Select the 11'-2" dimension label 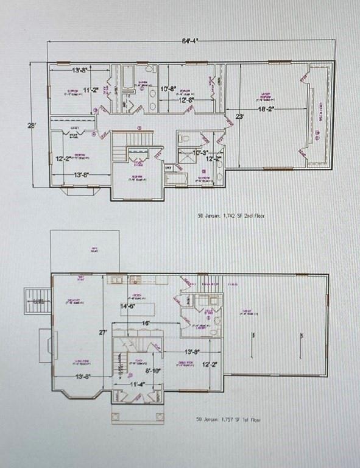tap(90, 90)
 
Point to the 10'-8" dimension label tap(168, 89)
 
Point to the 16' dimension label tap(146, 323)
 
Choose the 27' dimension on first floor tap(104, 333)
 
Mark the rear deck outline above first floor tap(76, 251)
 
